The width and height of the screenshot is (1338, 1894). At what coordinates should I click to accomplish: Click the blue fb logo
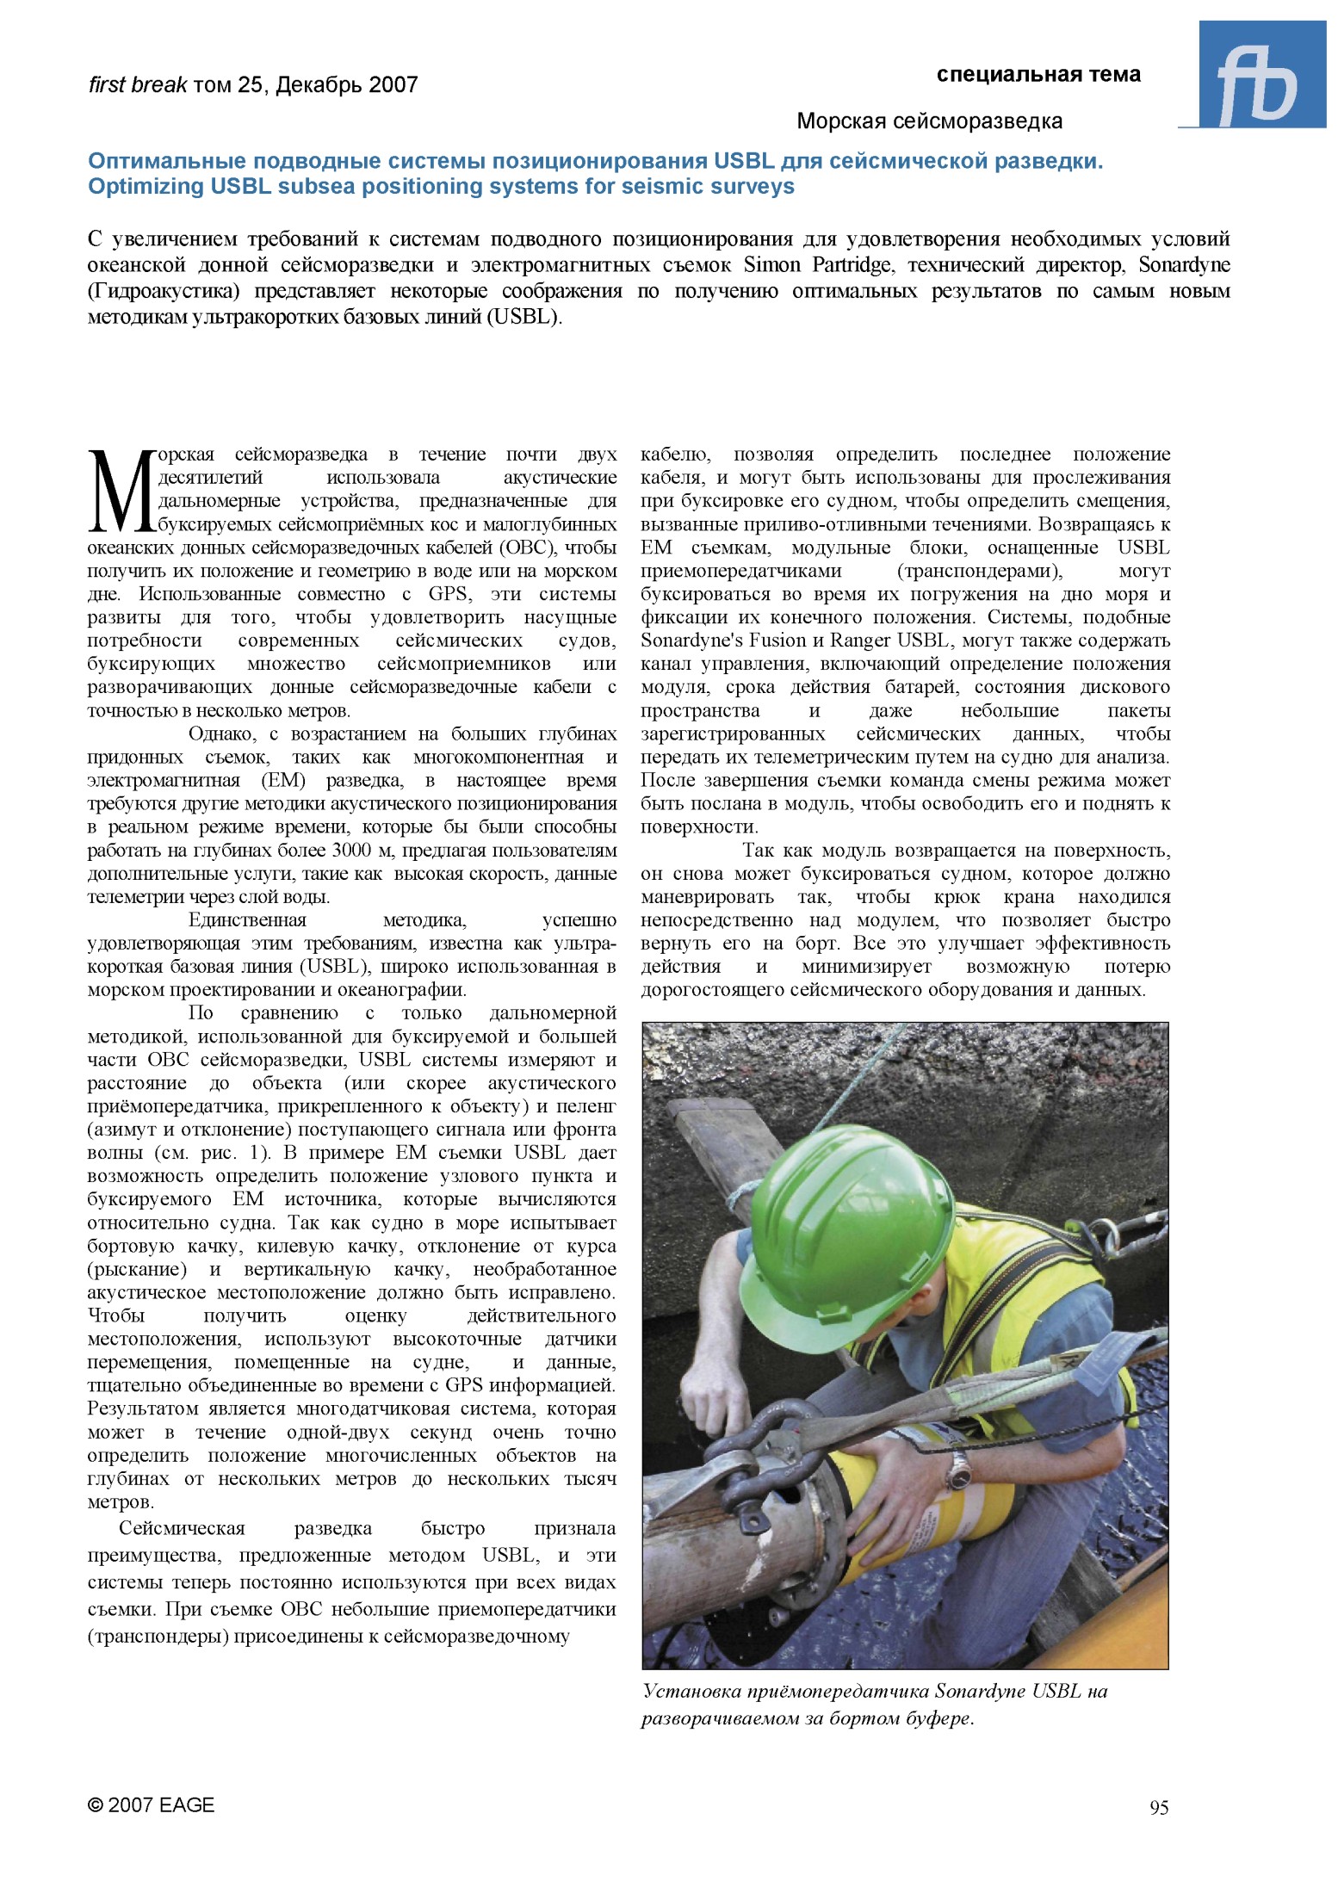(1261, 76)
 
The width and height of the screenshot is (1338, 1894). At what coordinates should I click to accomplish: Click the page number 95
(1158, 1808)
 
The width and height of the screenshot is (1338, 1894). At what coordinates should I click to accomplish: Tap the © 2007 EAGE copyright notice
(152, 1805)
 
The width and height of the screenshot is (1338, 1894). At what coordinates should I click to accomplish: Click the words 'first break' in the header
(138, 85)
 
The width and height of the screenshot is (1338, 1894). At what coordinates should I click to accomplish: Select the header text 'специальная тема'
(1038, 75)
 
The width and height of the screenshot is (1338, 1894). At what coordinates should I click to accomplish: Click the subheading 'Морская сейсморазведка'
(929, 121)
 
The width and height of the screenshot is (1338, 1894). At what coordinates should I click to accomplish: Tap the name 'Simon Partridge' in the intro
(817, 264)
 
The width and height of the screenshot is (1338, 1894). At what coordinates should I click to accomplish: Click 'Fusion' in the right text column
(770, 641)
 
